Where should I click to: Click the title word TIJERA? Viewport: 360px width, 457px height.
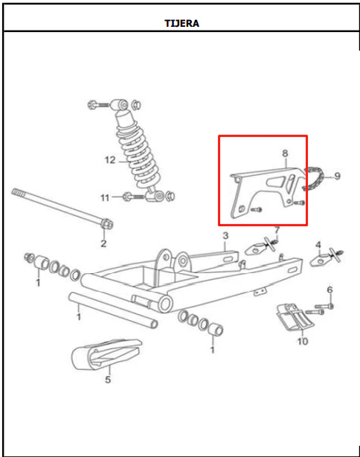click(181, 23)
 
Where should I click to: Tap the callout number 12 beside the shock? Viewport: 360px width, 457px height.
click(110, 160)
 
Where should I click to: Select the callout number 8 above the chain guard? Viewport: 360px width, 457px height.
click(285, 153)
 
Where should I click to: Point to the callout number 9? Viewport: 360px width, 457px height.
click(337, 176)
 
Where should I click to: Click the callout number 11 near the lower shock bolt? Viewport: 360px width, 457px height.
click(105, 198)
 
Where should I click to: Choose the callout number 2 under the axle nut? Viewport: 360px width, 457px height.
click(103, 243)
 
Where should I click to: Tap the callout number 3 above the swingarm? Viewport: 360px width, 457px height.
click(225, 235)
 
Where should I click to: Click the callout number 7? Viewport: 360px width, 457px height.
click(277, 230)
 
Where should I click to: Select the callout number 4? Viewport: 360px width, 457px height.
click(318, 245)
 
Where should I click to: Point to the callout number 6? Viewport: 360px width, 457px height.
click(330, 290)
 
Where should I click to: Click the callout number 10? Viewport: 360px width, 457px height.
click(302, 341)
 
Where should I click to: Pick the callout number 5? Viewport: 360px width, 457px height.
click(108, 380)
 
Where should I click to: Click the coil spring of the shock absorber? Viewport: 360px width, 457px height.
click(138, 155)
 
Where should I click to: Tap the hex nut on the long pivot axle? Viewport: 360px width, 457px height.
click(106, 224)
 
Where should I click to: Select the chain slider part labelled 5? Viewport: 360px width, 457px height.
click(106, 354)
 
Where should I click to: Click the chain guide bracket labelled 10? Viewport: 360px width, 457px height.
click(295, 317)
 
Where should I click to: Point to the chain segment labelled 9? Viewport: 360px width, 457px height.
click(313, 178)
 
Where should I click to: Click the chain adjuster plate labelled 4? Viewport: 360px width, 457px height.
click(326, 256)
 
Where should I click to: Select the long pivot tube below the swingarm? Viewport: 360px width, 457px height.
click(113, 310)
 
